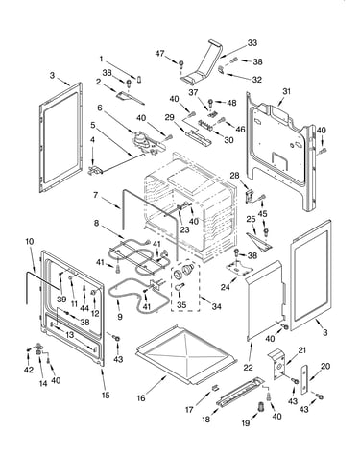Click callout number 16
141,398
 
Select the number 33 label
252,43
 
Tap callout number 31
286,91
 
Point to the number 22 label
248,368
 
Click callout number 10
29,241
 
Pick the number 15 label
106,396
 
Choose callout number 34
217,306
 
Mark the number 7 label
95,195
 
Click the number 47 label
159,54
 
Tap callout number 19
246,423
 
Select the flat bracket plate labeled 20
304,379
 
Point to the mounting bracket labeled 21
277,365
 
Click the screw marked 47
181,64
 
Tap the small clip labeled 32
221,69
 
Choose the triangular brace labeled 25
259,242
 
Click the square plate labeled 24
239,268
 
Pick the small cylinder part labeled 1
139,79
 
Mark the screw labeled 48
210,104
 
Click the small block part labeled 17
215,388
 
